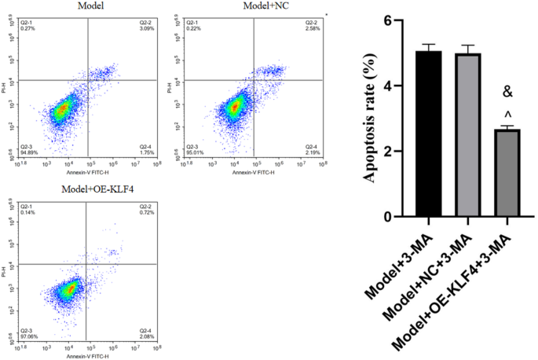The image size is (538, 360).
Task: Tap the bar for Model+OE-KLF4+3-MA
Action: click(507, 173)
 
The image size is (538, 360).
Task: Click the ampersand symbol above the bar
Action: click(507, 93)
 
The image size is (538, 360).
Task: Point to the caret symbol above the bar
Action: click(507, 112)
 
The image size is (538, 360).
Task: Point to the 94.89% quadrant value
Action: click(29, 152)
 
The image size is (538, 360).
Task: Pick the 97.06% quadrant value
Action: click(29, 333)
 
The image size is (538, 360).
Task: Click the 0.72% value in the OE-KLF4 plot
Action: click(148, 211)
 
